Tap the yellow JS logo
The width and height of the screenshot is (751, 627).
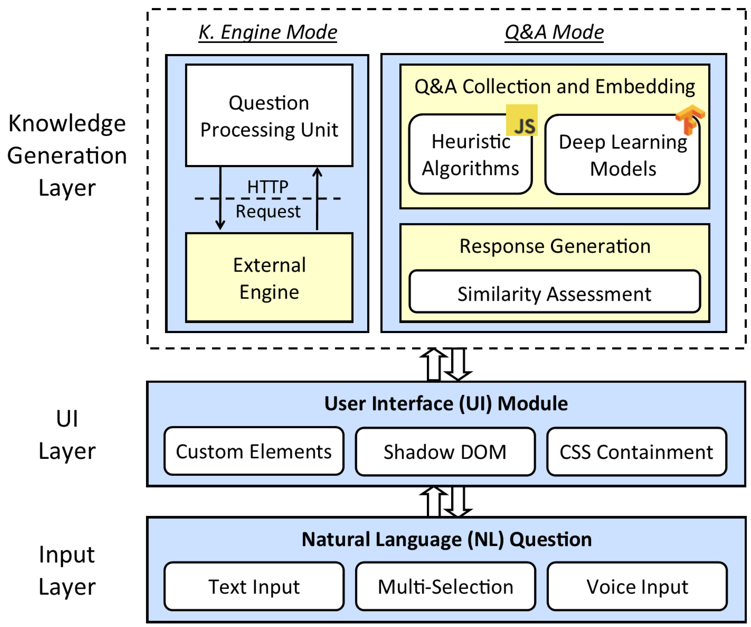tap(522, 120)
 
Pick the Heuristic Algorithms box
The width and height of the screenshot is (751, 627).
tap(471, 154)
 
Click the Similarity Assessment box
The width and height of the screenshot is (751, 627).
tap(555, 291)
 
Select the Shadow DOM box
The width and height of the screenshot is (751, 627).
tap(445, 451)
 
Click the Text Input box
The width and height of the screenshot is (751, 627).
tap(254, 586)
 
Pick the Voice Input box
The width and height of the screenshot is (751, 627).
tap(637, 586)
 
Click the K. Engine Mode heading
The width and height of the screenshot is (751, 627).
tap(268, 33)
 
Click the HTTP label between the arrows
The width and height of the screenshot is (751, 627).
tap(268, 186)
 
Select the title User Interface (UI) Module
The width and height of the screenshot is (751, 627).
tap(446, 403)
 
